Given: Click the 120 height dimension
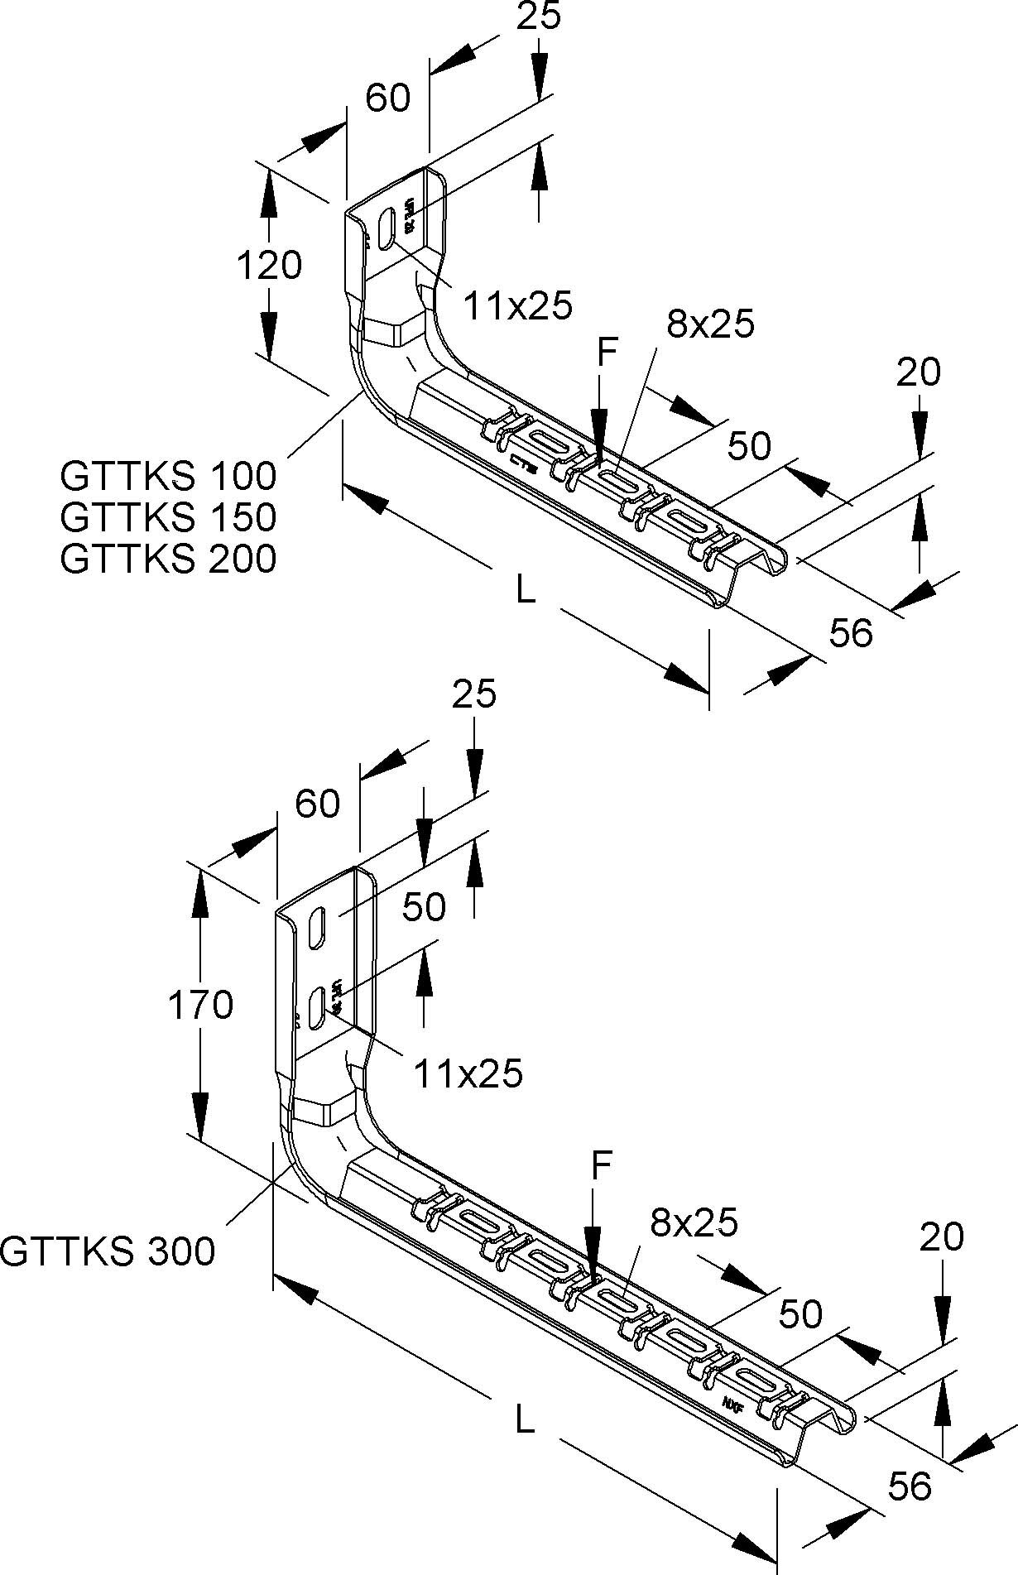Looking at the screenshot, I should coord(269,266).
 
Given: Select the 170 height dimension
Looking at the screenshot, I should coord(200,1006).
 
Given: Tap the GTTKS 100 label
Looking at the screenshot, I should coord(168,476).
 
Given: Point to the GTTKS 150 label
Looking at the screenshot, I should coord(168,517).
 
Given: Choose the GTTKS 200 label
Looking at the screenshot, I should coord(168,559).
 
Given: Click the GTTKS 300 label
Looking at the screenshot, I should coord(108,1251).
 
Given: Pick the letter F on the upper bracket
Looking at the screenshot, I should coord(607,353).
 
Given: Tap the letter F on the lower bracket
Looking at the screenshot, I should coord(602,1165).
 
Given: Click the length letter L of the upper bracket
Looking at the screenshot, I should coord(525,590).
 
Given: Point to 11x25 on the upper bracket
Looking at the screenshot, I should coord(517,306).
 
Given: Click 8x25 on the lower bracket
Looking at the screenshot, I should coord(694,1222).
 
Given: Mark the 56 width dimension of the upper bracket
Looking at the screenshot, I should coord(851,633).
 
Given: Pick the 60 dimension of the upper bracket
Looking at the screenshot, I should coord(387,98).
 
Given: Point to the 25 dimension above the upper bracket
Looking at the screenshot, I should coord(539,17).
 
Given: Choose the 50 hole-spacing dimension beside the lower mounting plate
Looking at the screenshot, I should coord(424,906).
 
